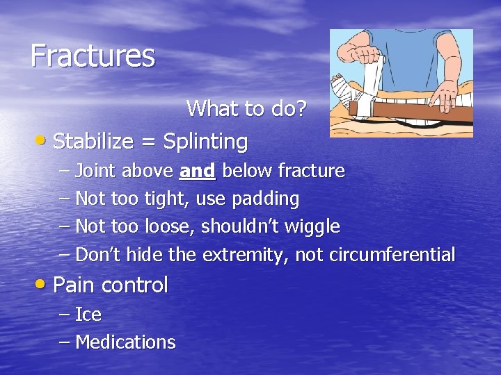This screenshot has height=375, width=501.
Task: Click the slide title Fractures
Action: point(93,56)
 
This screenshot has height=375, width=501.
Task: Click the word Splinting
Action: point(205,142)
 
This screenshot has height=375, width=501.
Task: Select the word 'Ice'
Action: point(88,315)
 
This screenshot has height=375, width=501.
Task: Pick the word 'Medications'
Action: point(125,342)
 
